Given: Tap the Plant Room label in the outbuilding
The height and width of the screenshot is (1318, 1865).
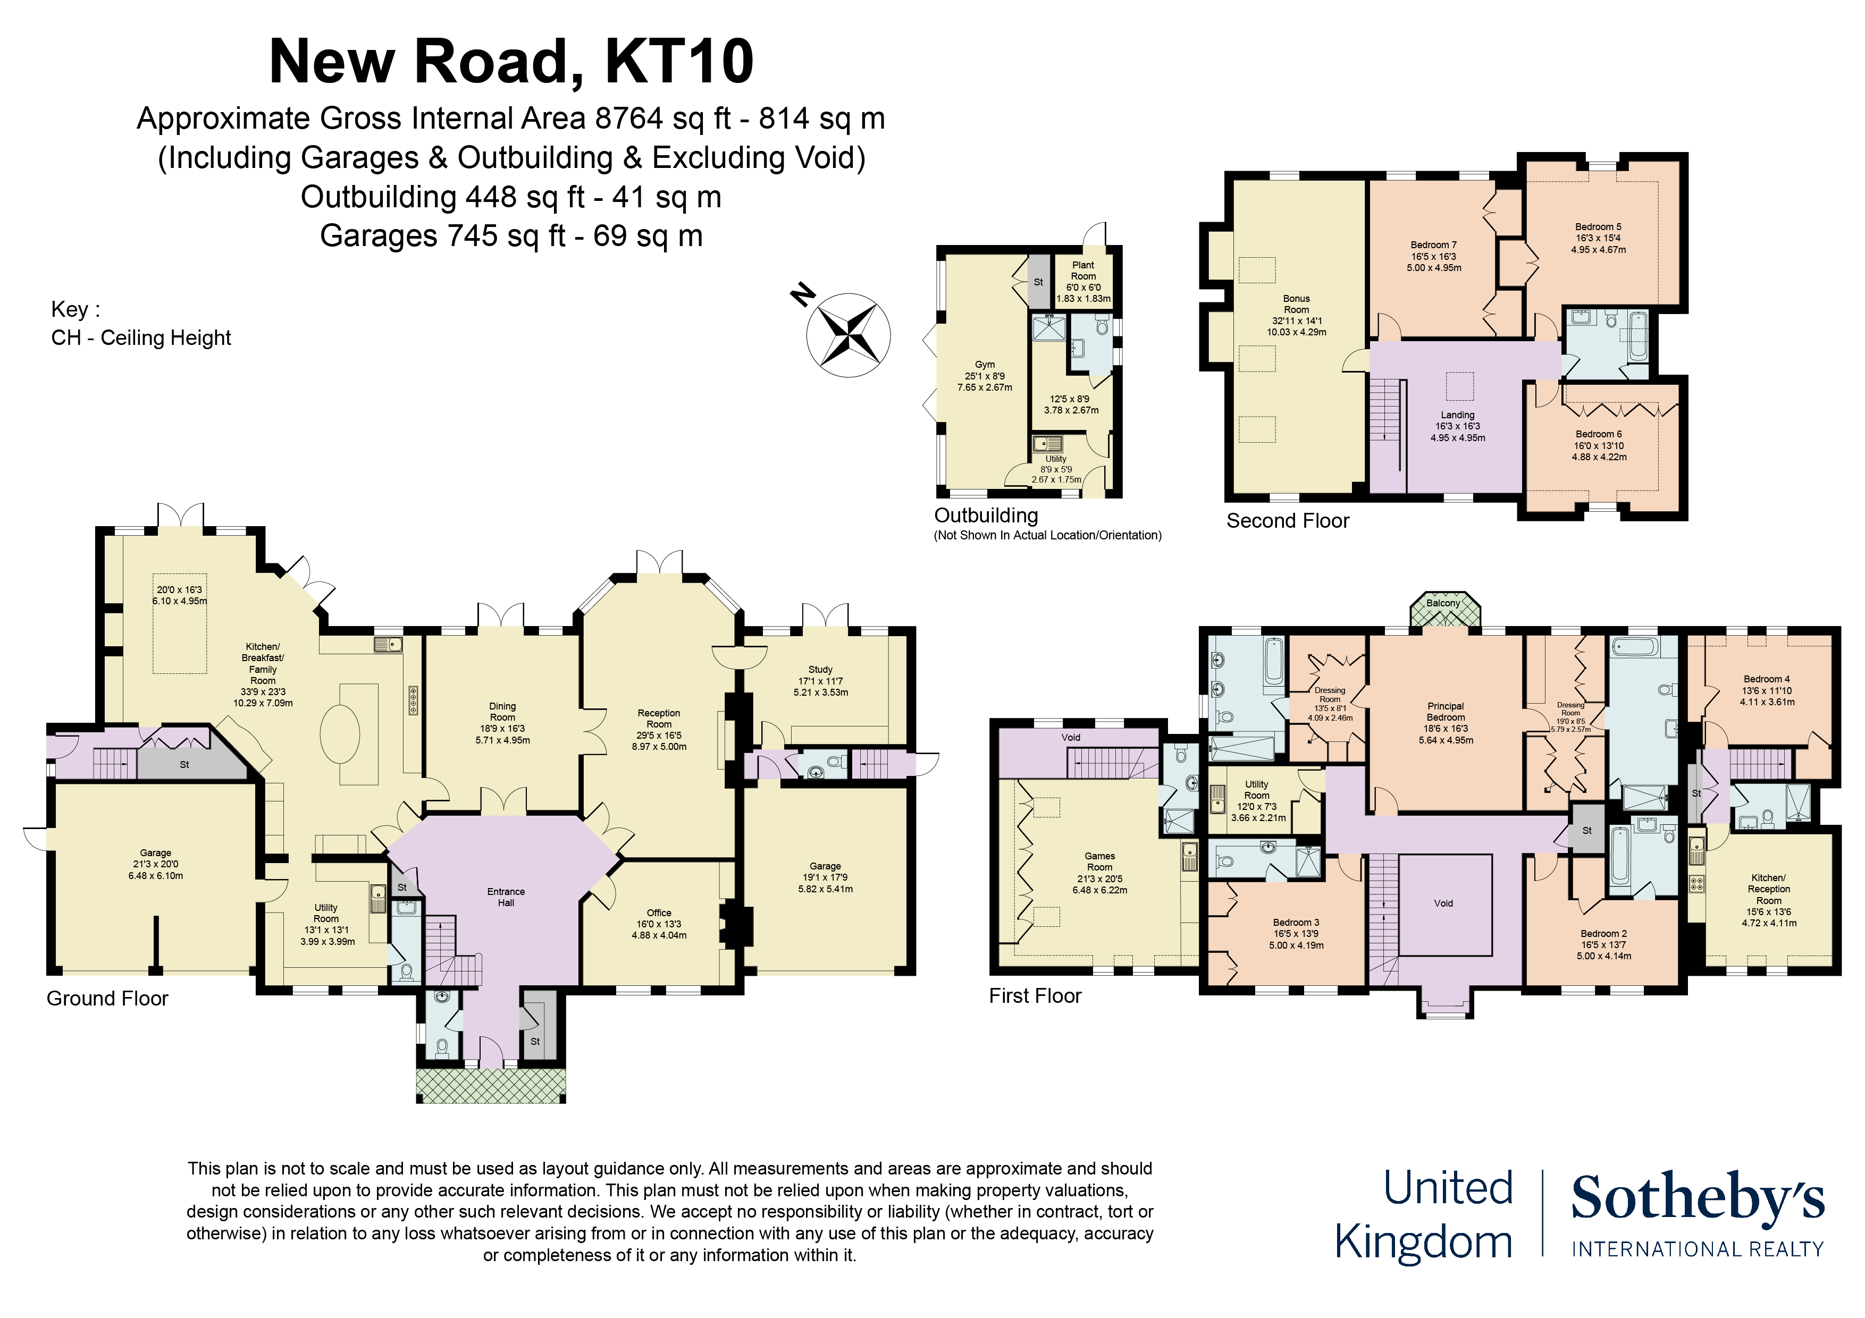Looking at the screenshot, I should click(1083, 271).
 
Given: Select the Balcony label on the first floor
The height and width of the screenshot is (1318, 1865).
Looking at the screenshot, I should click(1443, 603).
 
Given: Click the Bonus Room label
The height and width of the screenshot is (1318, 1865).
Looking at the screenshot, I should click(1296, 303).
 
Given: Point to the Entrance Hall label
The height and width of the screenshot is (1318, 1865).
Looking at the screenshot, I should click(506, 897).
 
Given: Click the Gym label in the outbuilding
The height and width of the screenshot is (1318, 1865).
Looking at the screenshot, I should click(985, 365).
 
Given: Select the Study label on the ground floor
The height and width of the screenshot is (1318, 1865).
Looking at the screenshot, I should click(820, 670).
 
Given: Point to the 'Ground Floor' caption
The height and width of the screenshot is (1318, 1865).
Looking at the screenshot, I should click(107, 998).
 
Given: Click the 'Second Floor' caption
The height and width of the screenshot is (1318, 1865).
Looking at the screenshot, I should click(1288, 520).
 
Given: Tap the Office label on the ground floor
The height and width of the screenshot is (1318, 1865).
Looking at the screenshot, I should click(659, 913).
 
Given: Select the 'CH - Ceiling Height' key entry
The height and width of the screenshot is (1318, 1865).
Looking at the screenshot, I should click(141, 338).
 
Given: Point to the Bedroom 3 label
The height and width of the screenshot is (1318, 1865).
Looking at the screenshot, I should click(1296, 923).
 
